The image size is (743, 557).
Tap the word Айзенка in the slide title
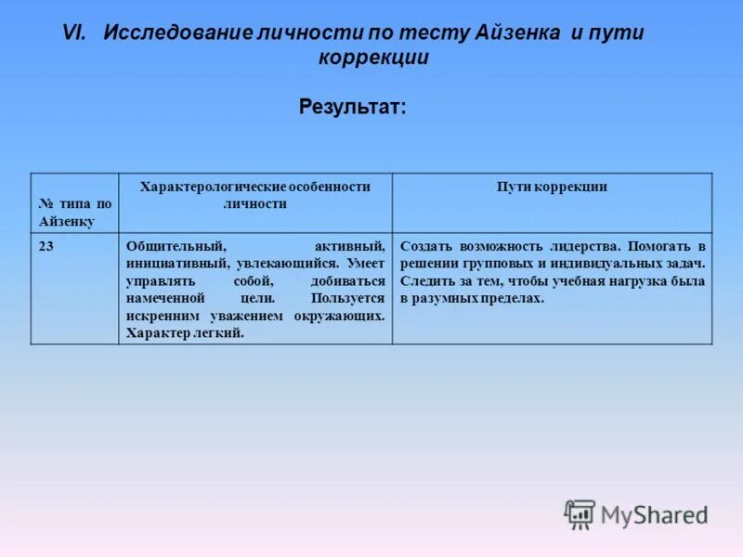point(515,32)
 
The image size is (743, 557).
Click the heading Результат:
point(353,107)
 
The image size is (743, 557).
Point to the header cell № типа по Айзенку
point(75,213)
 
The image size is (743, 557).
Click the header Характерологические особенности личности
point(254,195)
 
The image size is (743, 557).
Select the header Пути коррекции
point(552,187)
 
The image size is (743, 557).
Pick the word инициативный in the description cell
point(177,264)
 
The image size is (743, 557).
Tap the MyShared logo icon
point(580,513)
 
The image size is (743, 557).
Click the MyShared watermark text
point(654,515)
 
